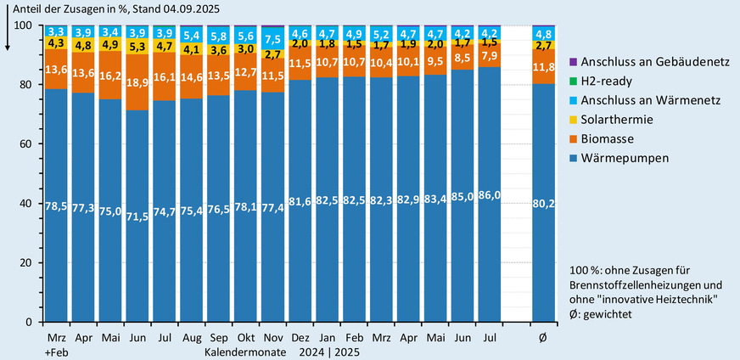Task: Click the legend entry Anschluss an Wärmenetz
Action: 670,100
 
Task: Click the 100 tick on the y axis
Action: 23,25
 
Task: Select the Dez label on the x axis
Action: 300,339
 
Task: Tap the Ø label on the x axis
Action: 543,339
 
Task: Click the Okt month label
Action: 246,339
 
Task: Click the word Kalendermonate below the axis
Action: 244,351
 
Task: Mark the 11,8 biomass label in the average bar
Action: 543,66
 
